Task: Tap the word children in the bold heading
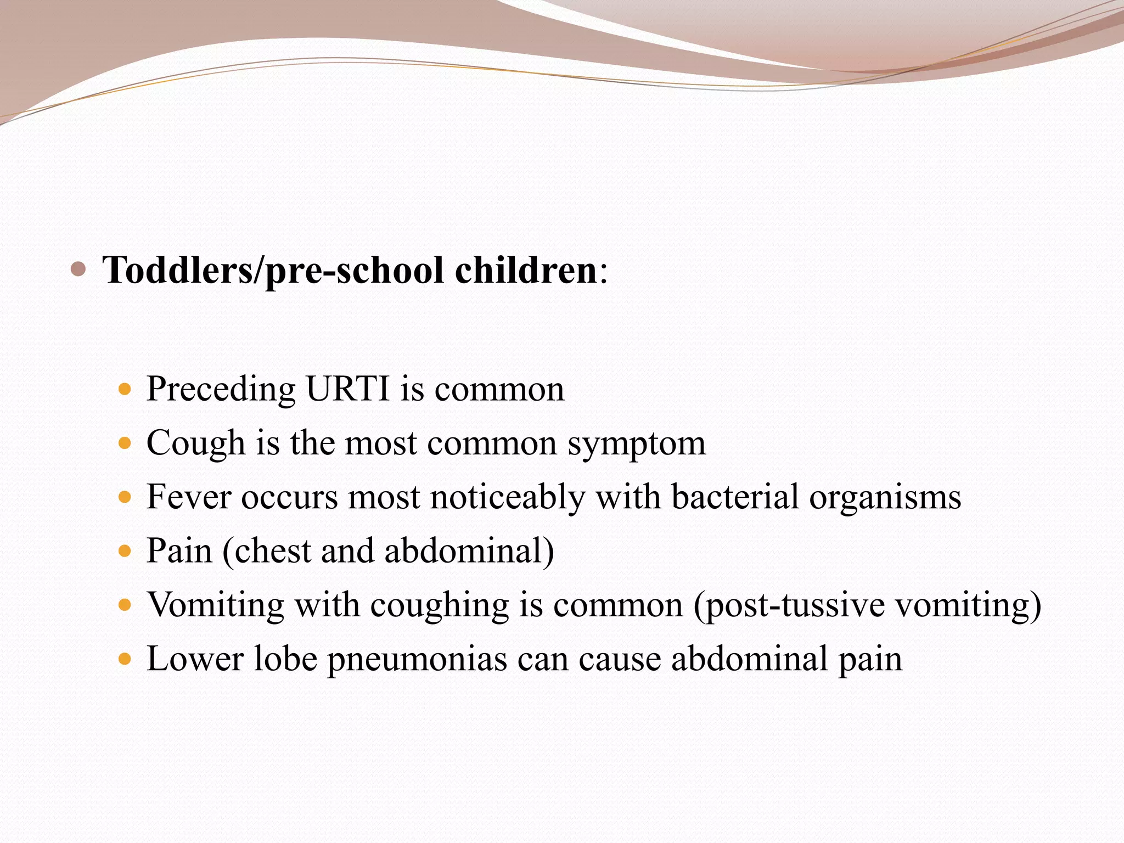click(525, 271)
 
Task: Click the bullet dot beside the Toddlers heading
click(78, 269)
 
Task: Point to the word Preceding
click(221, 389)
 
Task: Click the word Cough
click(195, 443)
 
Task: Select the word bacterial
click(735, 497)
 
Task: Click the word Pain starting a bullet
click(179, 550)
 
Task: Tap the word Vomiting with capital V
click(215, 605)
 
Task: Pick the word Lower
click(195, 658)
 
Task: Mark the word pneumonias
click(417, 659)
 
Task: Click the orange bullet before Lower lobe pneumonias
click(126, 658)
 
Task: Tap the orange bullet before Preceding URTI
click(126, 390)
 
